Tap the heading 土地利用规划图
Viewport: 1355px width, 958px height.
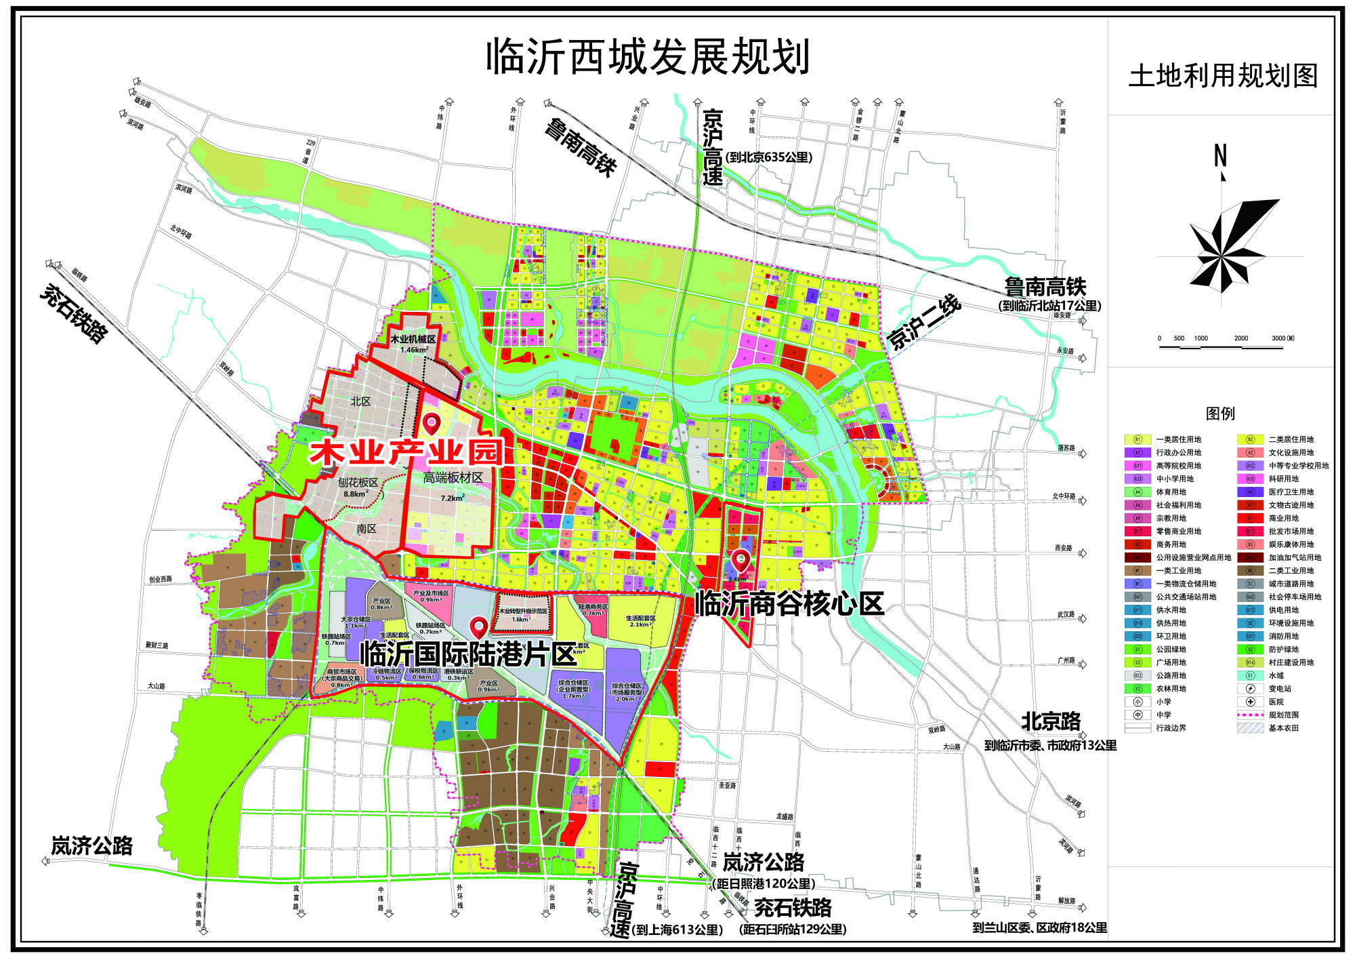click(x=1223, y=75)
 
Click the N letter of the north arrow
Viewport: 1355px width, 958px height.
click(x=1220, y=157)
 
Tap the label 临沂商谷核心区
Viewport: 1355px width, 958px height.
click(x=789, y=603)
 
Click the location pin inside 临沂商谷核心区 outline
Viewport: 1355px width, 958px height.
click(x=740, y=559)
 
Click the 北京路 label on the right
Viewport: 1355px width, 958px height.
click(x=1051, y=721)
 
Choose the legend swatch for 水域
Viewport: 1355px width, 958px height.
click(x=1250, y=675)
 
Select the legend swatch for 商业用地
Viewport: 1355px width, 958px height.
click(x=1250, y=518)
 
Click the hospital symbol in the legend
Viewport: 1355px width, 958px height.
click(x=1250, y=702)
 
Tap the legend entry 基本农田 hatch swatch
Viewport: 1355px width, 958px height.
click(x=1250, y=728)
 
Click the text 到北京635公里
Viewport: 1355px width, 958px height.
click(x=768, y=157)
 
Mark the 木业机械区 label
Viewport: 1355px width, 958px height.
click(x=413, y=338)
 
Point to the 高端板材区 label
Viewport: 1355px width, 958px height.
click(x=453, y=478)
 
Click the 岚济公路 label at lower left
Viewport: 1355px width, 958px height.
click(x=92, y=845)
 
